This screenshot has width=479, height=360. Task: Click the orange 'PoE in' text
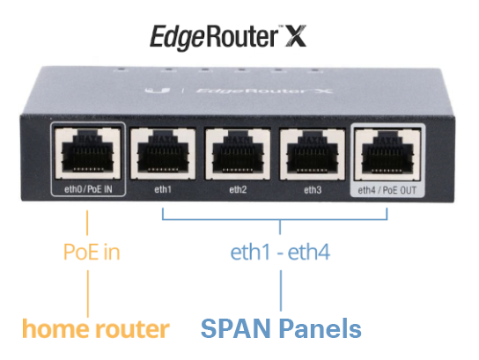[92, 253]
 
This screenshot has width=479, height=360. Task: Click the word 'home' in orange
[54, 329]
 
